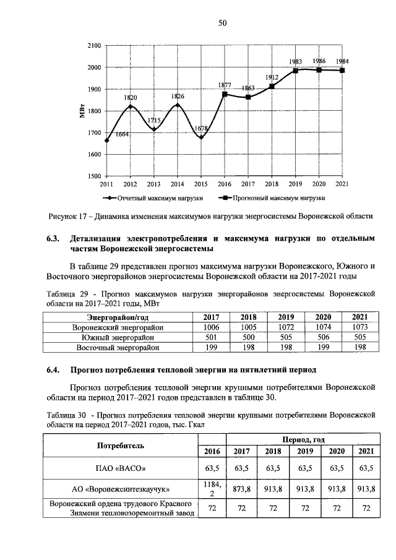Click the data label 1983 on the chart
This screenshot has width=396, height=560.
click(296, 62)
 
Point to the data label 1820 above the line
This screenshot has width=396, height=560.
click(131, 98)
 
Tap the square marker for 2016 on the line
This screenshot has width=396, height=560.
click(225, 94)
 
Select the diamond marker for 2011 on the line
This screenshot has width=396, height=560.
click(107, 140)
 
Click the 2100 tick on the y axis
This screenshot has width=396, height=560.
click(94, 46)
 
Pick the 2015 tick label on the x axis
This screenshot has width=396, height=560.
click(201, 184)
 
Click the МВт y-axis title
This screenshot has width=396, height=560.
click(82, 111)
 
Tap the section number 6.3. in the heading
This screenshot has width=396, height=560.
click(54, 238)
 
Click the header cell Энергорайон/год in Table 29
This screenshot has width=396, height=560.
click(117, 317)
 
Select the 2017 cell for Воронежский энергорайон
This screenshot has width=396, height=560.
click(212, 327)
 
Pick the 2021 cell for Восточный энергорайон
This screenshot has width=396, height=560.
click(359, 348)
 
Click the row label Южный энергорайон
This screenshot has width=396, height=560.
click(117, 337)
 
